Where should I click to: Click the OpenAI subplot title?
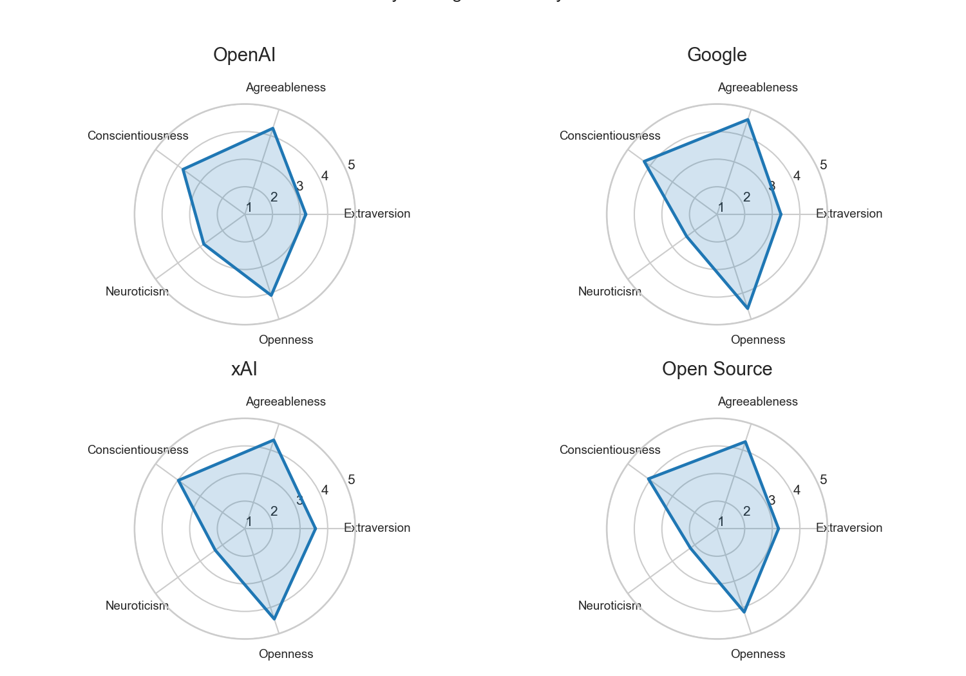pyautogui.click(x=244, y=55)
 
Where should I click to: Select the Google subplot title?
pyautogui.click(x=717, y=55)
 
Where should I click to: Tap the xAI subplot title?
pyautogui.click(x=244, y=370)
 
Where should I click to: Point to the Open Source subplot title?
pyautogui.click(x=717, y=370)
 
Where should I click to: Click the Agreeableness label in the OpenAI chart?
pyautogui.click(x=286, y=88)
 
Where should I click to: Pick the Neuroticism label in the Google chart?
pyautogui.click(x=609, y=292)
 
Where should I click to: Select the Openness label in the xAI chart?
pyautogui.click(x=286, y=655)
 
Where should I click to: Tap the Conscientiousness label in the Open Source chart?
pyautogui.click(x=610, y=450)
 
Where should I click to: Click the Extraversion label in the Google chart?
pyautogui.click(x=849, y=214)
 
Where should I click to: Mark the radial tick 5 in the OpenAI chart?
pyautogui.click(x=351, y=165)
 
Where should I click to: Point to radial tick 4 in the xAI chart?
pyautogui.click(x=325, y=491)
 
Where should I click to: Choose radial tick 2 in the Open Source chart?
pyautogui.click(x=746, y=512)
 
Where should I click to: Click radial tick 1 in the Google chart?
pyautogui.click(x=721, y=208)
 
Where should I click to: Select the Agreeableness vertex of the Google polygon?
pyautogui.click(x=748, y=120)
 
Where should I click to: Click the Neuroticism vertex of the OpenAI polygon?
pyautogui.click(x=203, y=245)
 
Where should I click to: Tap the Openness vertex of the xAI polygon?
pyautogui.click(x=274, y=619)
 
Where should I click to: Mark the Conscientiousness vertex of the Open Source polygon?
pyautogui.click(x=649, y=478)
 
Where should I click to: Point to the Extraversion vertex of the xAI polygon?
pyautogui.click(x=315, y=529)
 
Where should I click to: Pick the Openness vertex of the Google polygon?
pyautogui.click(x=748, y=308)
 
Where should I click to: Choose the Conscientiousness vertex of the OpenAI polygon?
pyautogui.click(x=183, y=170)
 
